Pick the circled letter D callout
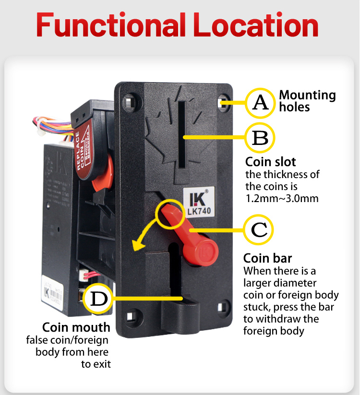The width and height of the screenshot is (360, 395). pyautogui.click(x=98, y=298)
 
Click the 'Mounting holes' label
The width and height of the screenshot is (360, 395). pyautogui.click(x=307, y=101)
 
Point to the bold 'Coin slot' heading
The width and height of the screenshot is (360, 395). pyautogui.click(x=270, y=161)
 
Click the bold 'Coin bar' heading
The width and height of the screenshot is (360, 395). pyautogui.click(x=267, y=258)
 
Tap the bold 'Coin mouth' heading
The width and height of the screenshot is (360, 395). pyautogui.click(x=76, y=327)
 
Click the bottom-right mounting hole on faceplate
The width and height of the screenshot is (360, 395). pyautogui.click(x=222, y=307)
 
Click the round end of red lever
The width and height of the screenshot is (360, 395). pyautogui.click(x=207, y=250)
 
